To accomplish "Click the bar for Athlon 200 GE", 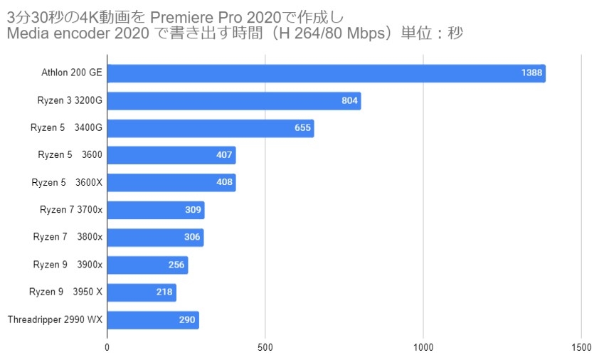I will (x=326, y=73).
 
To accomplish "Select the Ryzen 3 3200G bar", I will (x=233, y=101).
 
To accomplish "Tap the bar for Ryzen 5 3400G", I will (x=210, y=128).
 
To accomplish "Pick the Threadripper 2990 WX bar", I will (x=152, y=320).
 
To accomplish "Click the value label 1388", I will (x=531, y=73).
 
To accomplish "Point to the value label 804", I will (x=349, y=101).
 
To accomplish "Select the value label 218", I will (x=164, y=292).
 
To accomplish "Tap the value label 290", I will (x=187, y=320).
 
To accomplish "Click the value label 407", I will (x=224, y=155).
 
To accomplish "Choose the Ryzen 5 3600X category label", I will (x=67, y=183).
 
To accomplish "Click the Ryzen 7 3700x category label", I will (x=71, y=210).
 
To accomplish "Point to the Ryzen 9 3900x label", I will (x=68, y=265).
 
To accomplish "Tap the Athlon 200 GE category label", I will (x=72, y=73).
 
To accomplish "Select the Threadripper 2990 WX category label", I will (x=55, y=320).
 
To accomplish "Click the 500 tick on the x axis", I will (x=265, y=347).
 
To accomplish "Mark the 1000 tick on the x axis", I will (x=423, y=347).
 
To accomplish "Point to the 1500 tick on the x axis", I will (x=581, y=347).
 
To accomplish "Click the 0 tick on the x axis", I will (x=107, y=347).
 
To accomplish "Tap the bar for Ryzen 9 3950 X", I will (x=141, y=292).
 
